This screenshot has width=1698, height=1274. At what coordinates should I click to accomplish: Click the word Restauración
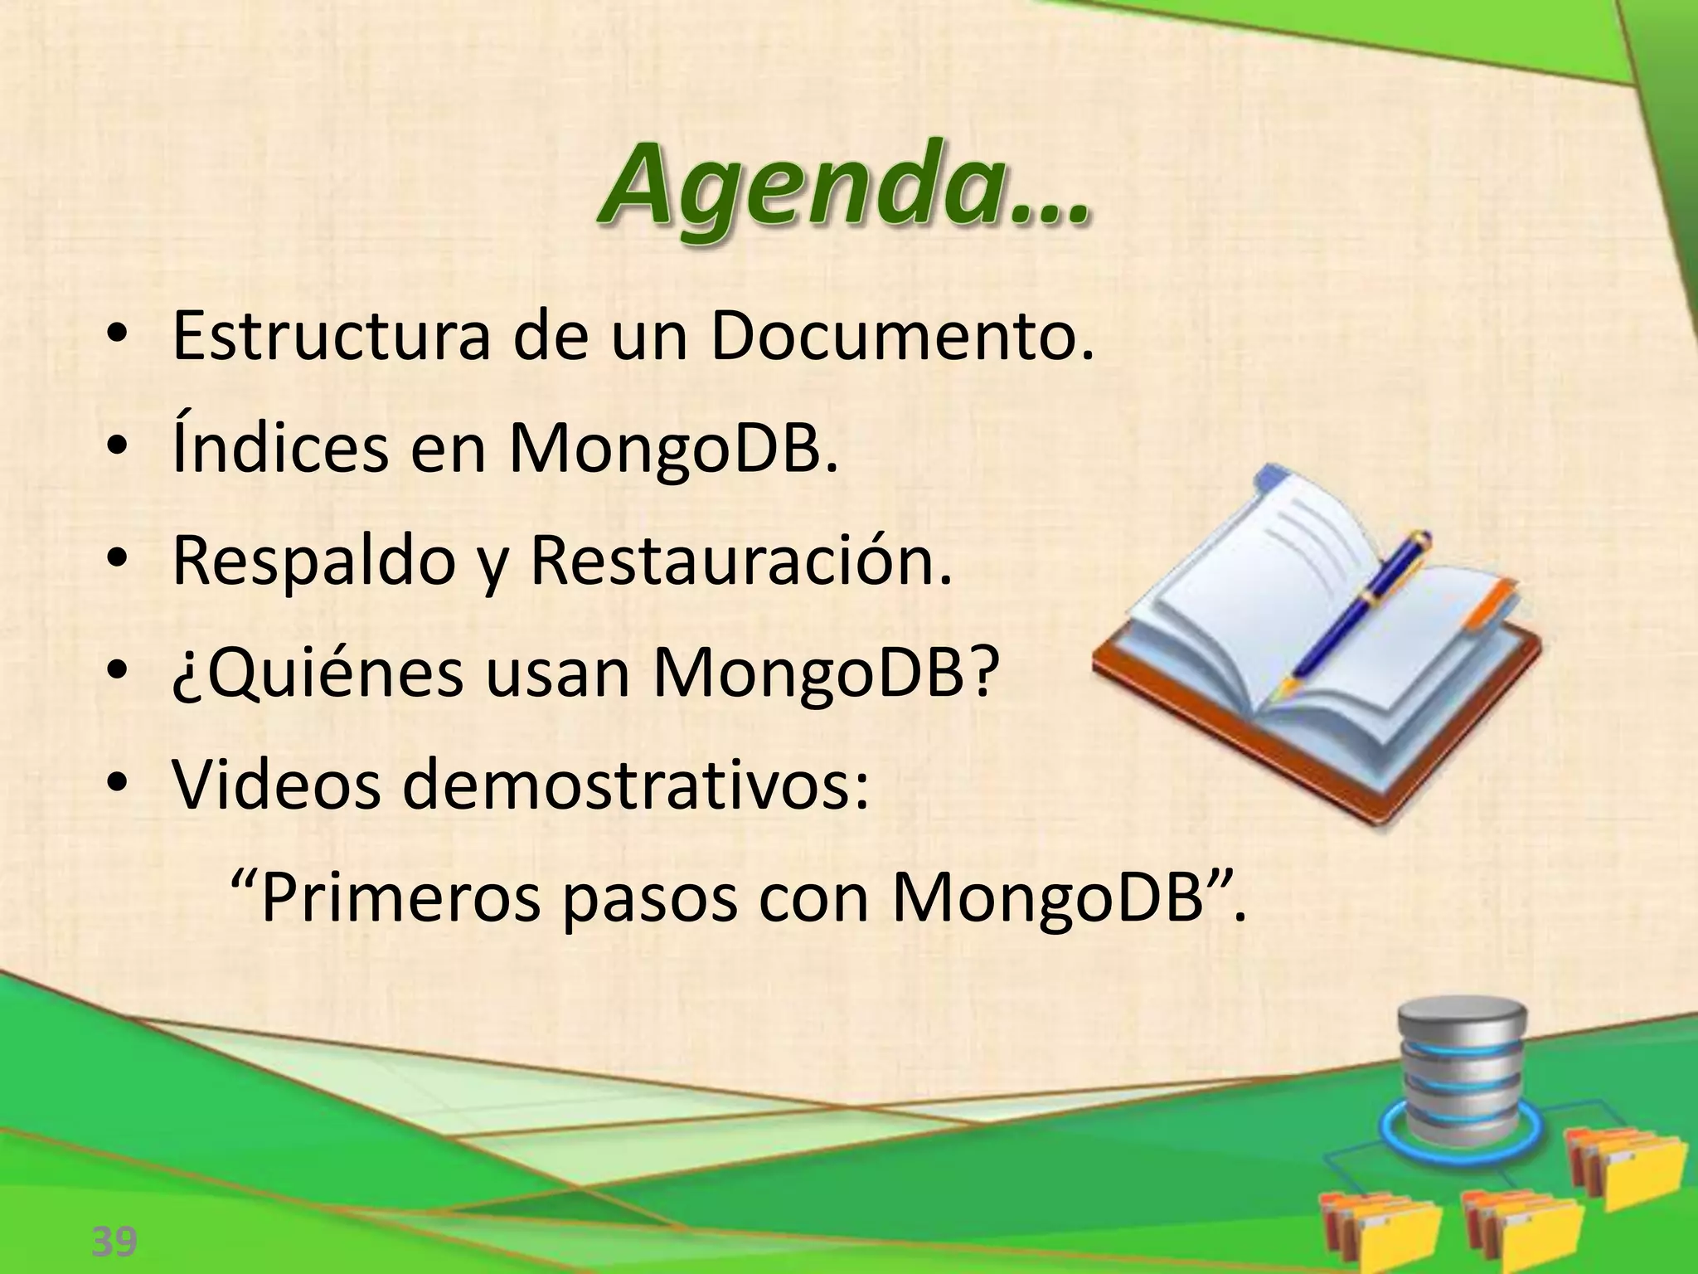pos(740,562)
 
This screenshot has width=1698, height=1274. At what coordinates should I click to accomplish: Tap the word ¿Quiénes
pos(318,674)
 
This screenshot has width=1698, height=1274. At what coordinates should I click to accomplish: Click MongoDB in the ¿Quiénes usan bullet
pos(821,674)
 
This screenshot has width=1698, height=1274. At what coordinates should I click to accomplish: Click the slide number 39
pos(114,1242)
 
